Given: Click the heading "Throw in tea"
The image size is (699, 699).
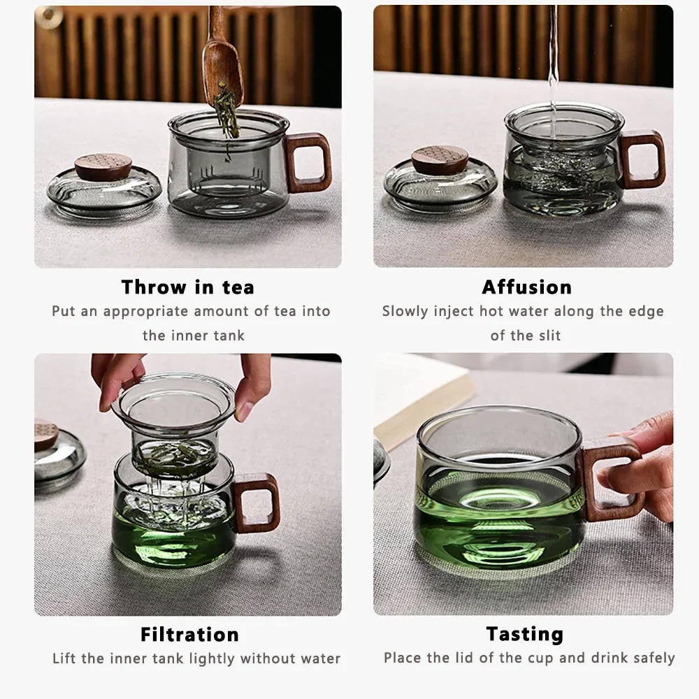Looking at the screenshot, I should (x=187, y=287).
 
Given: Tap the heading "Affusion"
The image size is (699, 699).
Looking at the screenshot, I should (x=526, y=287).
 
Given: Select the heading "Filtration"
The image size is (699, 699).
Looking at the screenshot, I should (x=189, y=634).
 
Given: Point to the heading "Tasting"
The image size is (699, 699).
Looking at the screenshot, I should (x=524, y=634).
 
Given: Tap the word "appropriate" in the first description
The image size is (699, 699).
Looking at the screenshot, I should (x=145, y=311).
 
